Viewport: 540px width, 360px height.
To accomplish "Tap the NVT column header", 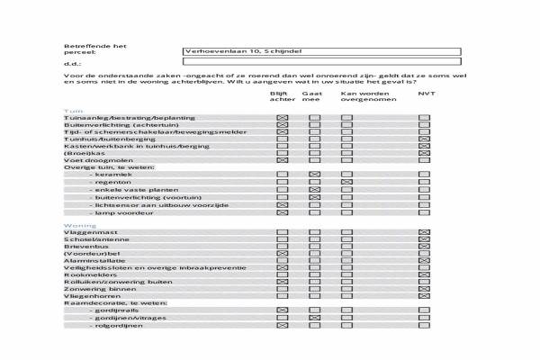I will tap(426, 94).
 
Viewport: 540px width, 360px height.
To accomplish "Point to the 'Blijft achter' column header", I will tap(282, 96).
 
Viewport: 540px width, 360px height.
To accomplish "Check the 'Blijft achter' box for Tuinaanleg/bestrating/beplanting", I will tap(282, 118).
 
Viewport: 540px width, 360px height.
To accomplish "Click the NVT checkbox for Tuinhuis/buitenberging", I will tap(425, 139).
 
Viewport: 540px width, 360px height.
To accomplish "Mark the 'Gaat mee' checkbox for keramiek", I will tap(314, 174).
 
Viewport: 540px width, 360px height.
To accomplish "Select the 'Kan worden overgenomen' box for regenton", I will tap(346, 182).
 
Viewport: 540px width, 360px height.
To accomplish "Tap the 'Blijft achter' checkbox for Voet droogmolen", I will tap(282, 160).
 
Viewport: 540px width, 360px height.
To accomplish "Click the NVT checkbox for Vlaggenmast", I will tap(425, 233).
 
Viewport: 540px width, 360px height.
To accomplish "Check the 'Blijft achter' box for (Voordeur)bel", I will tap(282, 254).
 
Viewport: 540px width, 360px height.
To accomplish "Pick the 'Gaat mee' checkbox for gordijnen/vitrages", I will tap(314, 318).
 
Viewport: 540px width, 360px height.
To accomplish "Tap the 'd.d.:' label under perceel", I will tap(72, 64).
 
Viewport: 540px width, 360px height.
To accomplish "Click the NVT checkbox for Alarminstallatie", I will tap(425, 261).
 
